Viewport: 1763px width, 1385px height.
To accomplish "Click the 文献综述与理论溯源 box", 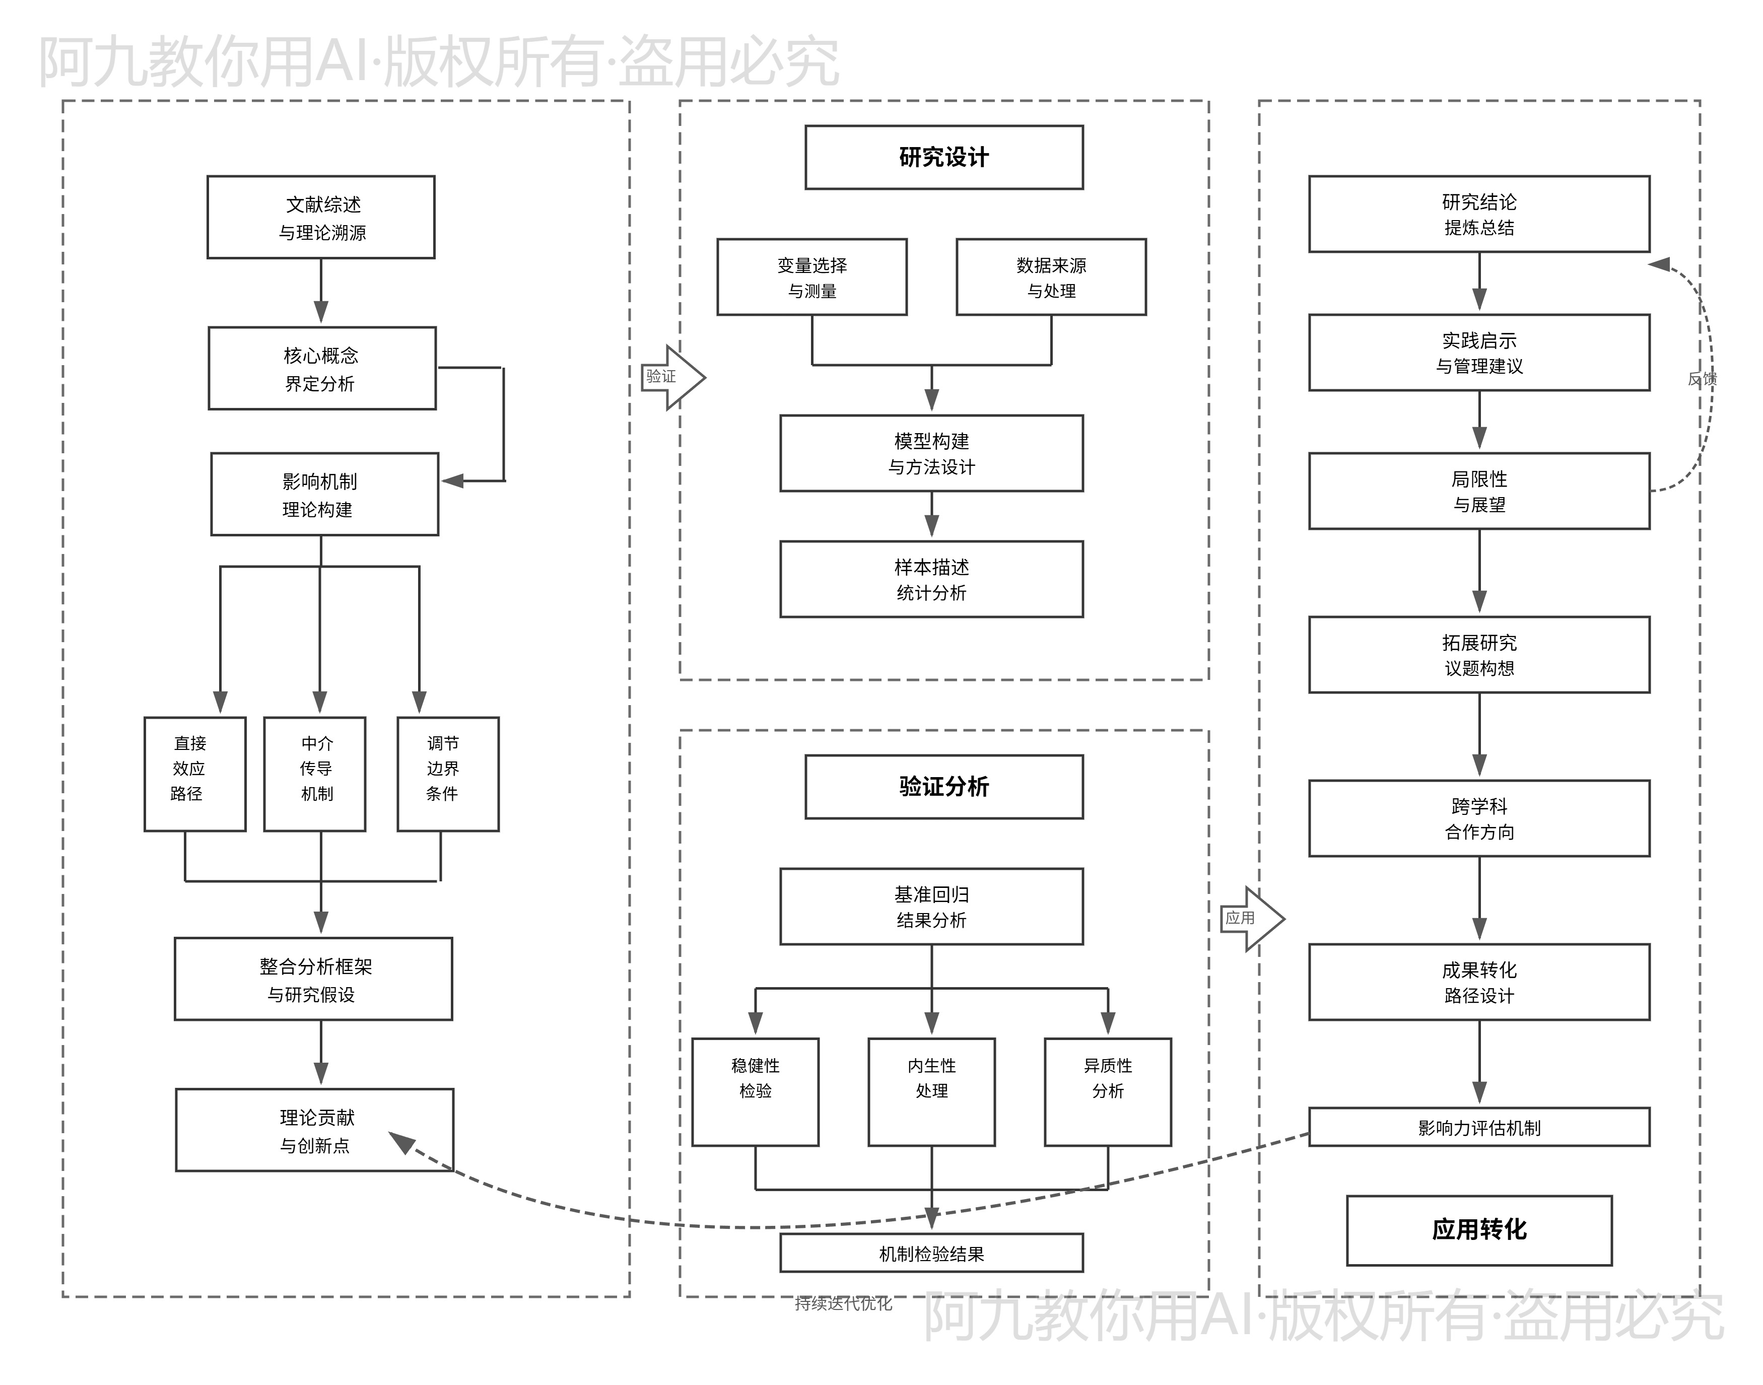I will [321, 217].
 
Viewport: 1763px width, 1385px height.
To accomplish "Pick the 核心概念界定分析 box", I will [322, 368].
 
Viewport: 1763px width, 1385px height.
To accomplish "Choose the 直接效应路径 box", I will [194, 774].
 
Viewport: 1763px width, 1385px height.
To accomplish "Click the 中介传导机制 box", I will [315, 774].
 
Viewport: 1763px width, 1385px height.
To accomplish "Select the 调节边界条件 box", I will [448, 774].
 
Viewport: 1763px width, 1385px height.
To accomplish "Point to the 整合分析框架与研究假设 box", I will [313, 979].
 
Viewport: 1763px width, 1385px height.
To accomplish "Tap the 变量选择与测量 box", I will [812, 276].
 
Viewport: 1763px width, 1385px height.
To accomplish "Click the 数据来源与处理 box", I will [1051, 276].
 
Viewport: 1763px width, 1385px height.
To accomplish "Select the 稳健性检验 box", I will [755, 1091].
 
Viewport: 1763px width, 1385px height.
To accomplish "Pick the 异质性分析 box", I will [1108, 1091].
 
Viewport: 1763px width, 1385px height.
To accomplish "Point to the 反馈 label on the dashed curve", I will [1702, 379].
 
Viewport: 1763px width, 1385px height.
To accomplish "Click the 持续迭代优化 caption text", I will [843, 1303].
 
